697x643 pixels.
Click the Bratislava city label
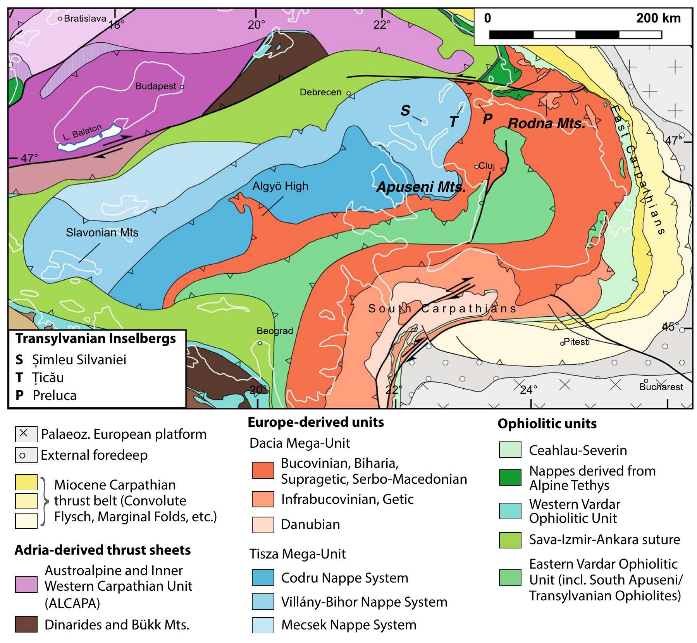(85, 18)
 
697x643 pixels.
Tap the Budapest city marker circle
(182, 87)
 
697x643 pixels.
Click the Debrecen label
(320, 92)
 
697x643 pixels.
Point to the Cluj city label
(487, 166)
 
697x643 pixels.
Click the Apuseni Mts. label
(421, 188)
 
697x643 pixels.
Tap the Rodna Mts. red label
(546, 124)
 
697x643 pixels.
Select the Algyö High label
(280, 186)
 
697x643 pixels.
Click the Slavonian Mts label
(102, 233)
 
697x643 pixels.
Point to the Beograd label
(275, 331)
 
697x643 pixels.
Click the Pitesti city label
(577, 341)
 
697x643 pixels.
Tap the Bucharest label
(661, 386)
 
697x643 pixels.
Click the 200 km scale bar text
(658, 18)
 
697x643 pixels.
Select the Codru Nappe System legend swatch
(263, 577)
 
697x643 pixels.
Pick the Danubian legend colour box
(263, 524)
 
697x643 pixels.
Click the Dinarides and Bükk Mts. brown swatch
(26, 625)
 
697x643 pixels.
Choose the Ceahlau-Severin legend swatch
(510, 450)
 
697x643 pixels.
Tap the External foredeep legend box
(26, 455)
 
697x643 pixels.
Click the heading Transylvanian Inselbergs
(96, 339)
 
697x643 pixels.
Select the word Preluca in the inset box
(55, 395)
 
